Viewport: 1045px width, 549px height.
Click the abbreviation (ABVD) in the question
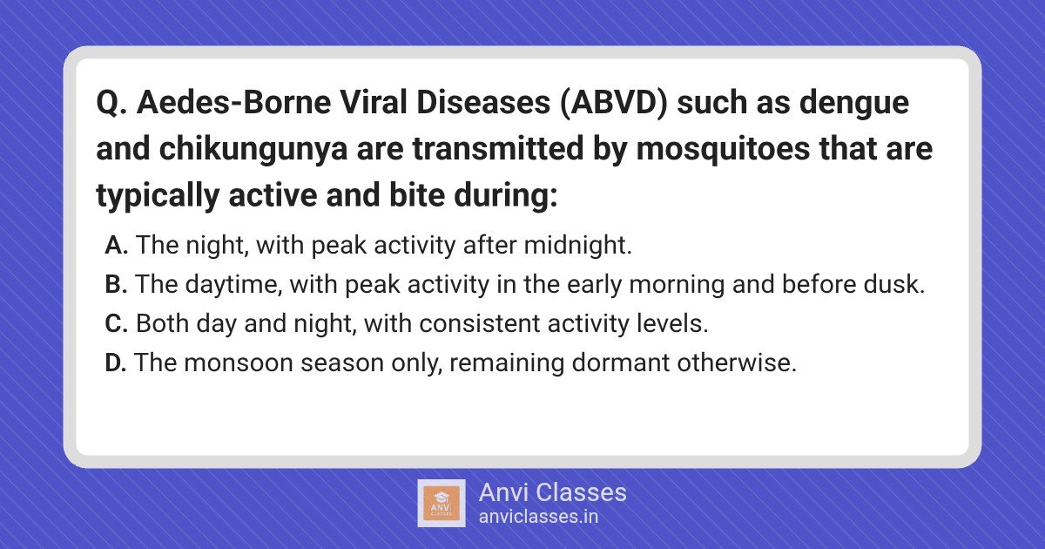pyautogui.click(x=613, y=102)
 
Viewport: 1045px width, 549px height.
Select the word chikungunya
pyautogui.click(x=253, y=149)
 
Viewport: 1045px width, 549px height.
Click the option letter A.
pyautogui.click(x=116, y=245)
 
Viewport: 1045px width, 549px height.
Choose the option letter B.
pyautogui.click(x=116, y=284)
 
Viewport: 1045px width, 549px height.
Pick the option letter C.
pyautogui.click(x=116, y=323)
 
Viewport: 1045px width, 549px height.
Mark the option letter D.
pyautogui.click(x=115, y=363)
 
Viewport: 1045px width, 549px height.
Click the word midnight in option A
pyautogui.click(x=577, y=245)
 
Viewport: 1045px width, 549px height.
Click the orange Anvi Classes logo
pyautogui.click(x=442, y=504)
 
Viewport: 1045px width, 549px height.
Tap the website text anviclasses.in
pyautogui.click(x=538, y=517)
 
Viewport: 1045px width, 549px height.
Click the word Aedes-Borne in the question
pyautogui.click(x=233, y=102)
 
